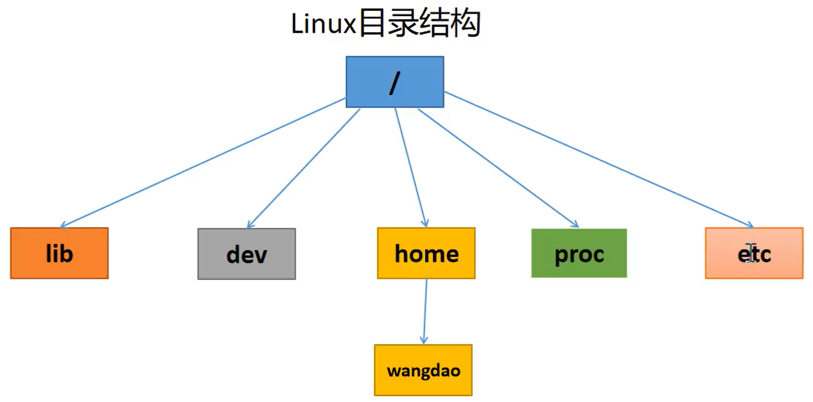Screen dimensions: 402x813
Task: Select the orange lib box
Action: coord(59,253)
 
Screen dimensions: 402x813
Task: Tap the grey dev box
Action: coord(247,254)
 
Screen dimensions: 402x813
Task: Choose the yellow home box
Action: coord(426,253)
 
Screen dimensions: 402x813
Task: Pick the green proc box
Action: coord(579,253)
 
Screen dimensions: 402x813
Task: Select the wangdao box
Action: coord(423,370)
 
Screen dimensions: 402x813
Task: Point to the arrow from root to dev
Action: coord(304,168)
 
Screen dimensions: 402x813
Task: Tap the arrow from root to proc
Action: coord(498,167)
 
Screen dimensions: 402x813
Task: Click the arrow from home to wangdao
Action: coord(425,312)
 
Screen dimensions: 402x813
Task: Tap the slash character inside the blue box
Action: coord(394,83)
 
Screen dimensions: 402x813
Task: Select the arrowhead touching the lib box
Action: coord(63,226)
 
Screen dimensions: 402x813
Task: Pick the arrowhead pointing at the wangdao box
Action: coord(424,340)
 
